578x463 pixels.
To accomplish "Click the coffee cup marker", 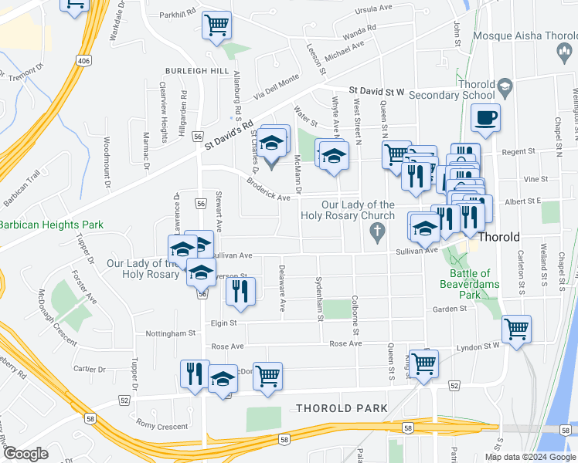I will click(485, 118).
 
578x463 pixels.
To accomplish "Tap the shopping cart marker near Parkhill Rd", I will click(217, 25).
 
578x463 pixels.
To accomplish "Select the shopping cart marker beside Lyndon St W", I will click(516, 329).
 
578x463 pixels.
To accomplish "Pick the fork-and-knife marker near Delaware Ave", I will click(240, 291).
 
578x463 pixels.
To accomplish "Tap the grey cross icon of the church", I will click(377, 231).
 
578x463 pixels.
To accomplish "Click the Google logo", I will click(25, 454).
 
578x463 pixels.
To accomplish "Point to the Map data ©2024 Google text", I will click(530, 457).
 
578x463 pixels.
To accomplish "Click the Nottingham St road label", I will click(171, 333).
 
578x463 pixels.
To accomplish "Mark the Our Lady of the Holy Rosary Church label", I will click(347, 211).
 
